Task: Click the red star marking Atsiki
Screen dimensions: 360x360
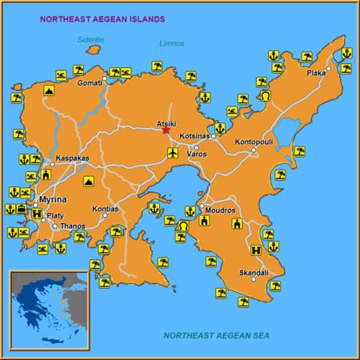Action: click(166, 131)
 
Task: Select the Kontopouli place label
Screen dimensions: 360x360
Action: click(253, 142)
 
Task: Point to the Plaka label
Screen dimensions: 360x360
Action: click(316, 72)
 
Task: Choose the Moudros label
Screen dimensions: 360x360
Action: click(220, 210)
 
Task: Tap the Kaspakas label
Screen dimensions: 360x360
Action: click(73, 158)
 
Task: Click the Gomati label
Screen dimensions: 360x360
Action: click(90, 82)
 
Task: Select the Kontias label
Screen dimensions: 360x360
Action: click(105, 209)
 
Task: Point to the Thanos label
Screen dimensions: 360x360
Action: click(73, 226)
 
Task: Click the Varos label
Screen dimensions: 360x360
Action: click(197, 154)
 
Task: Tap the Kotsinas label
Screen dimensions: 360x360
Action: click(194, 136)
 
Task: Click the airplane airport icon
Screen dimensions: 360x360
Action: click(172, 152)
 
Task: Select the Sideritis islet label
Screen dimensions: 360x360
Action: click(91, 39)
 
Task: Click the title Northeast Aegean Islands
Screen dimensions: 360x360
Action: click(103, 18)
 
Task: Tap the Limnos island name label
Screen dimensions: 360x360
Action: click(171, 43)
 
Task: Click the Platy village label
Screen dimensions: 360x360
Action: click(55, 215)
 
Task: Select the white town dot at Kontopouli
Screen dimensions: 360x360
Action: click(253, 150)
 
